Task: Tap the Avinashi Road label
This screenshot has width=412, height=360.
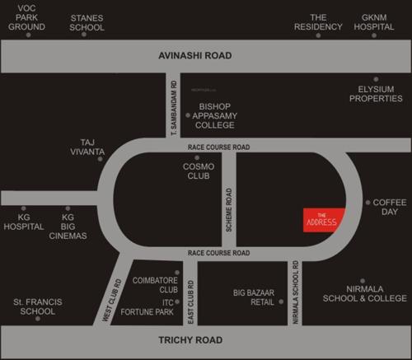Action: pos(195,56)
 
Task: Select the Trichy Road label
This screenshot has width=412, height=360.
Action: pos(191,339)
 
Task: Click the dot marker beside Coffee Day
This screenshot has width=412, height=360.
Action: pos(368,202)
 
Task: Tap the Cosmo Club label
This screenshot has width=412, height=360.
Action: pos(199,171)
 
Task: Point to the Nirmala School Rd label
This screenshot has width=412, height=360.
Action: pos(294,292)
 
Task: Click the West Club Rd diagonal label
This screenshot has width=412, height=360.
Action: pos(111,299)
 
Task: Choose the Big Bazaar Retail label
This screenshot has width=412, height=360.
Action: pos(252,297)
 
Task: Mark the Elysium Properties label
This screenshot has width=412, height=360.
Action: pos(376,93)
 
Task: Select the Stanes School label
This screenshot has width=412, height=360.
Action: pos(87,21)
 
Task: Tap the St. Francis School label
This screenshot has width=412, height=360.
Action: pos(34,306)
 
